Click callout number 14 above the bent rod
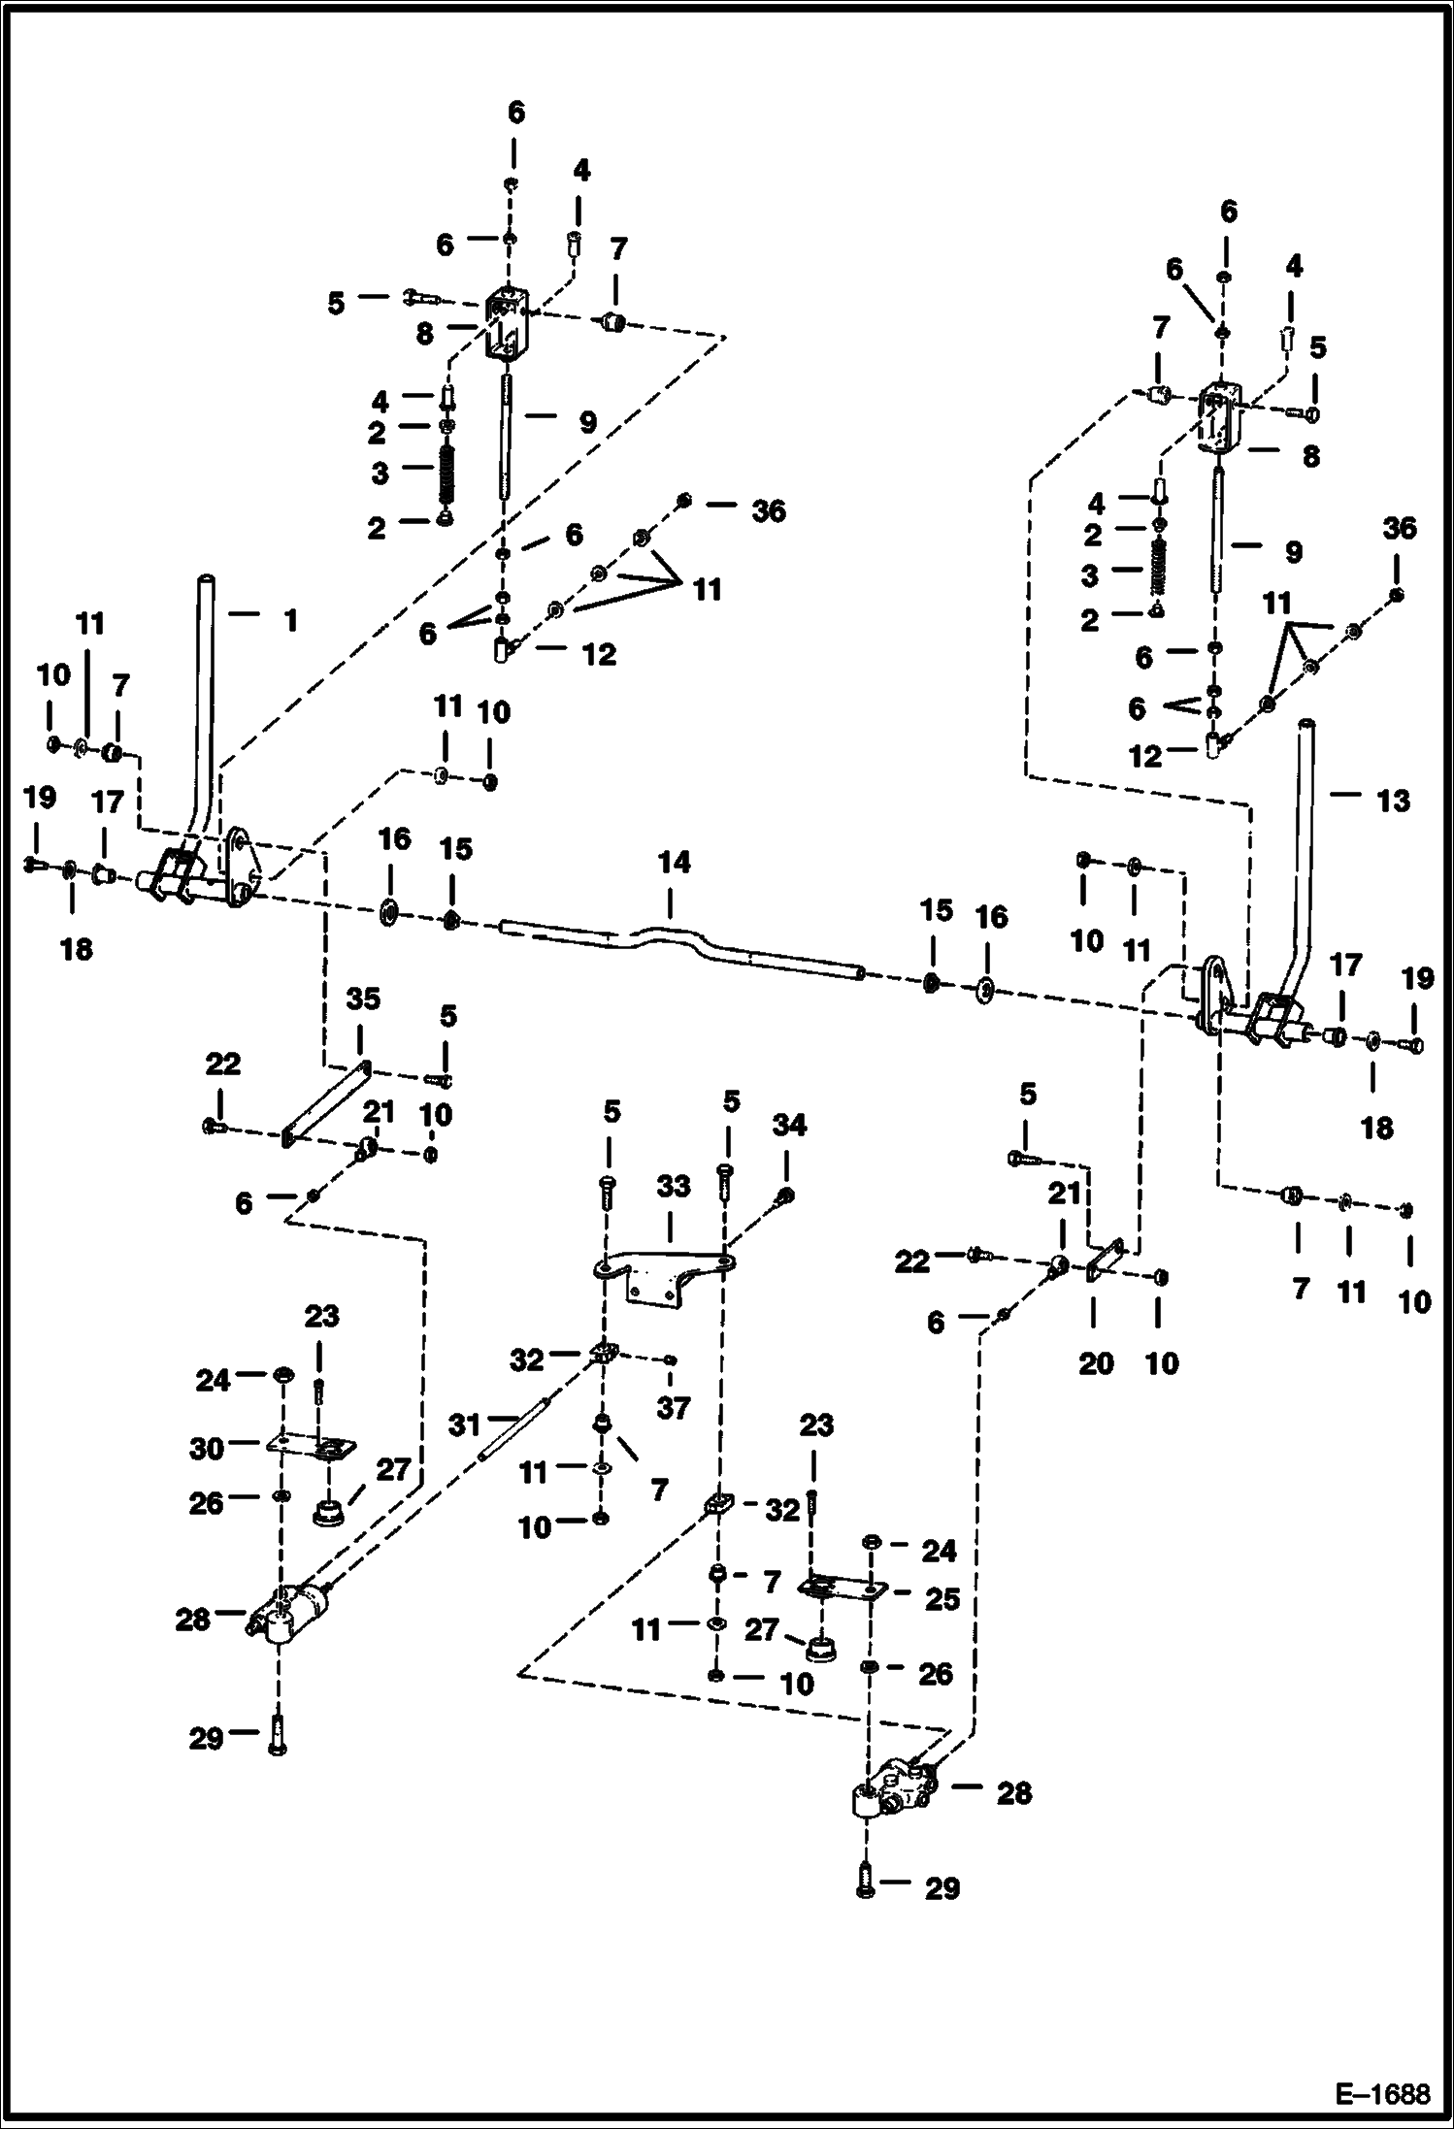[x=674, y=862]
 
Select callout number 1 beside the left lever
[x=290, y=620]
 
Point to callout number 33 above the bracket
[x=673, y=1186]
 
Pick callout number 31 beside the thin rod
[x=465, y=1425]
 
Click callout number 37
[x=673, y=1407]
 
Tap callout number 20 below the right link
[x=1096, y=1362]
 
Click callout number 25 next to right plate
[x=942, y=1598]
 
